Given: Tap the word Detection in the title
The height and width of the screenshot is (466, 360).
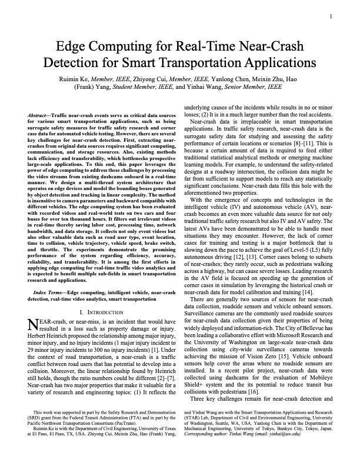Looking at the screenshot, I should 84,63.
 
